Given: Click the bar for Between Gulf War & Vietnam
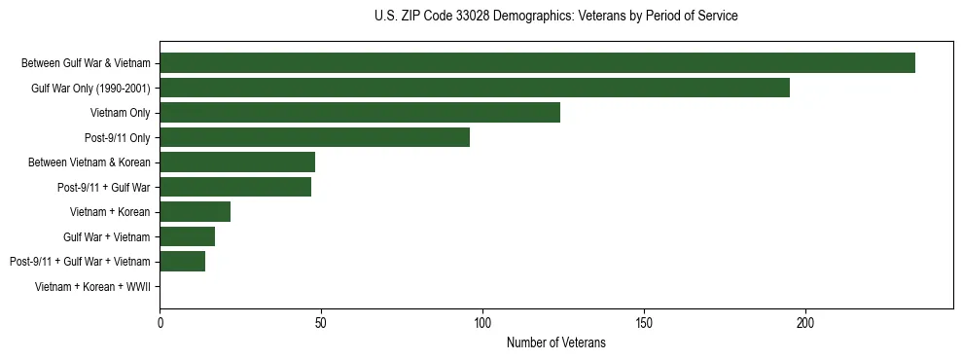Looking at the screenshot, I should click(537, 63).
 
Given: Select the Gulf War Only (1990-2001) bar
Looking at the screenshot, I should click(475, 89).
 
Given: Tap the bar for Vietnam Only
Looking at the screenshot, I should click(360, 113).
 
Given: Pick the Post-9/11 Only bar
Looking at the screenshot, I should click(314, 137).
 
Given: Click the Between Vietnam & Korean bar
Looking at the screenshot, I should click(237, 162).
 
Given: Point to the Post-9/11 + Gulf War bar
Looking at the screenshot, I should click(235, 187).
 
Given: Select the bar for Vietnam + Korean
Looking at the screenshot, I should click(195, 211).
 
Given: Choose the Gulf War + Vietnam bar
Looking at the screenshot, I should click(187, 236).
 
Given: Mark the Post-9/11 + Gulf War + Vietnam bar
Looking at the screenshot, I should click(182, 261).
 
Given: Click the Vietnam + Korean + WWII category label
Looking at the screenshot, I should click(92, 286).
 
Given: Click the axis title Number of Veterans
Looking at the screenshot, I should click(555, 342).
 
